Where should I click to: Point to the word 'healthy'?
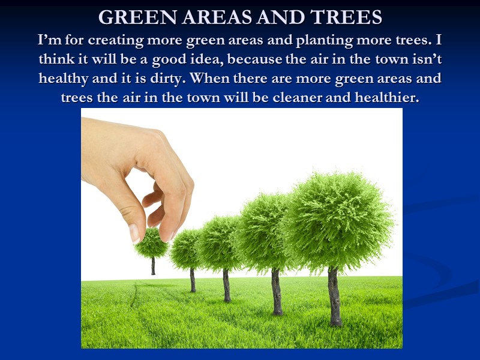pyautogui.click(x=64, y=79)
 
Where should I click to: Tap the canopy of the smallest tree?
pyautogui.click(x=151, y=244)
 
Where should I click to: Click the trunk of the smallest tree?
pyautogui.click(x=153, y=266)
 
